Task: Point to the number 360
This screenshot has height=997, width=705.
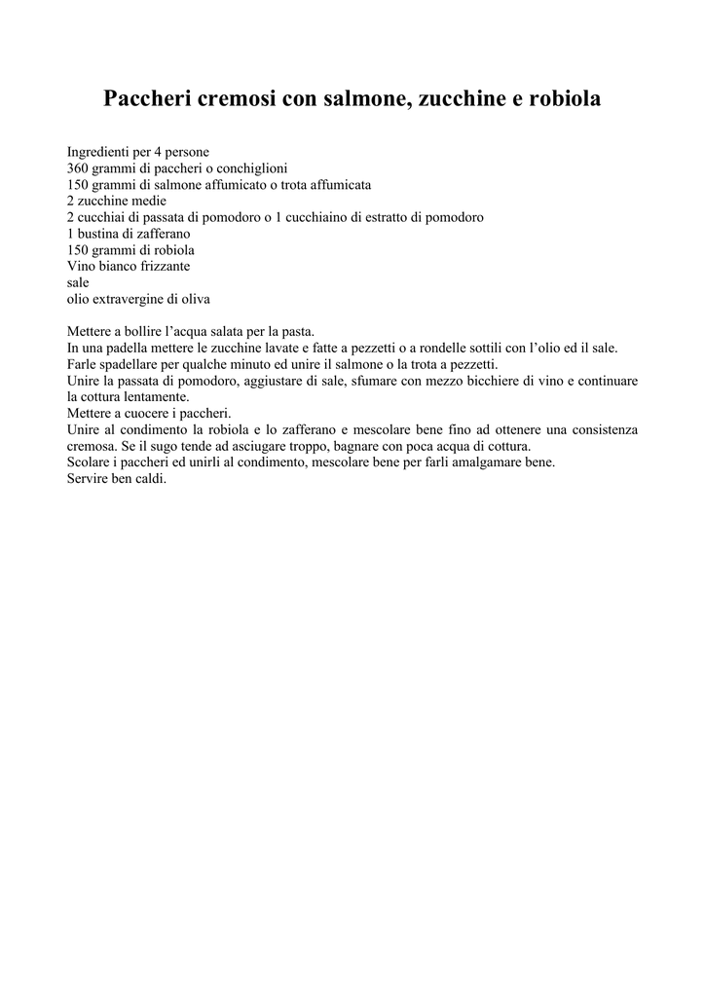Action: click(78, 168)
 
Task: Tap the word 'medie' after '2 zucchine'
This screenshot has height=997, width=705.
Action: click(149, 201)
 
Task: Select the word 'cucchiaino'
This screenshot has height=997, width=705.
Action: click(331, 216)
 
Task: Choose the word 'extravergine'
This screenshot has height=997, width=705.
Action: click(129, 299)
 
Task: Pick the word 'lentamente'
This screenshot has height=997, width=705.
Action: click(155, 396)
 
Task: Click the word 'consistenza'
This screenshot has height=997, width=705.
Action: click(602, 429)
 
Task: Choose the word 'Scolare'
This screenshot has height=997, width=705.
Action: click(89, 462)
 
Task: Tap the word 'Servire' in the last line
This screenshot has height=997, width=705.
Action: click(89, 479)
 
